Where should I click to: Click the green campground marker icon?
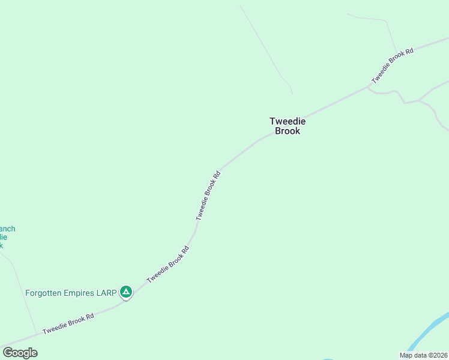(x=126, y=292)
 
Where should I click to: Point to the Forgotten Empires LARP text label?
(x=71, y=293)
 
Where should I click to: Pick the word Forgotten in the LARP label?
(x=43, y=293)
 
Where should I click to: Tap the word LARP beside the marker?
(x=107, y=293)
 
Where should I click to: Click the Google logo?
(x=20, y=353)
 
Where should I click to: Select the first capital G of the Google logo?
(x=7, y=353)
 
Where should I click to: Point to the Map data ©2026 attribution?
(x=423, y=355)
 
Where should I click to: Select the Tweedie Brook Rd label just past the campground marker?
(x=168, y=264)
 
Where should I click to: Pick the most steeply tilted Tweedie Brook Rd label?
(x=208, y=196)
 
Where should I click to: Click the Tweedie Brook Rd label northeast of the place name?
(x=393, y=66)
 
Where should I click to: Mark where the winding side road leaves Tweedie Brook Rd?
(x=368, y=87)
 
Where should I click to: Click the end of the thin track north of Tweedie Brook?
(x=292, y=94)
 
